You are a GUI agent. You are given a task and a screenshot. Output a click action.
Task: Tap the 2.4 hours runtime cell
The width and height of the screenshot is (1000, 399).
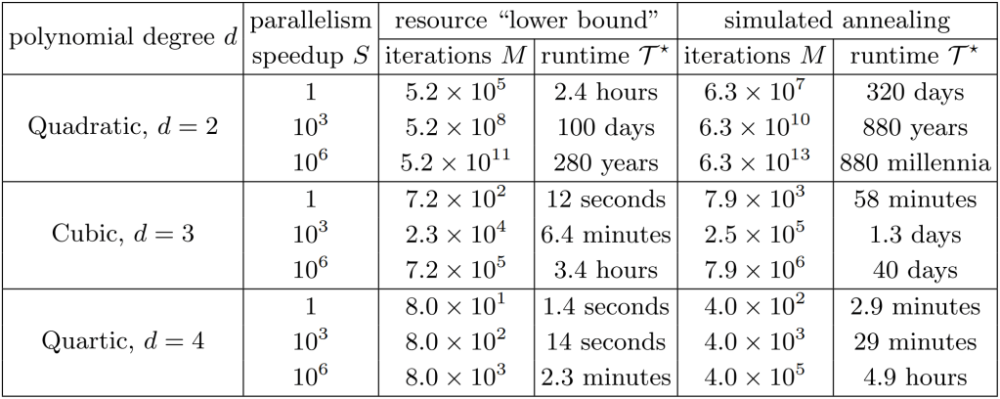(601, 93)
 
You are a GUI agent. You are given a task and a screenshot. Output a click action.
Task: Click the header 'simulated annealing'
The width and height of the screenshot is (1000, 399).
(836, 20)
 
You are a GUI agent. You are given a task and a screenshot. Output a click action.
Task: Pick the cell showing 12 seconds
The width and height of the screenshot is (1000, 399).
(601, 200)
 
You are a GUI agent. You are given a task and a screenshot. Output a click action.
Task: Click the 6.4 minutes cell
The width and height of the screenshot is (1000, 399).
(601, 236)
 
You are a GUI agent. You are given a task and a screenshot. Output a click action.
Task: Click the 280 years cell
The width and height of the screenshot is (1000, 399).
(601, 164)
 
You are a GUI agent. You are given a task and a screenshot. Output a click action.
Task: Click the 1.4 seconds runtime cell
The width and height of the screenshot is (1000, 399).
(601, 307)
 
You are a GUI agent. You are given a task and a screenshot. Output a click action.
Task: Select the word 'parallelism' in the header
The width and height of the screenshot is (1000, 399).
(311, 20)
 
